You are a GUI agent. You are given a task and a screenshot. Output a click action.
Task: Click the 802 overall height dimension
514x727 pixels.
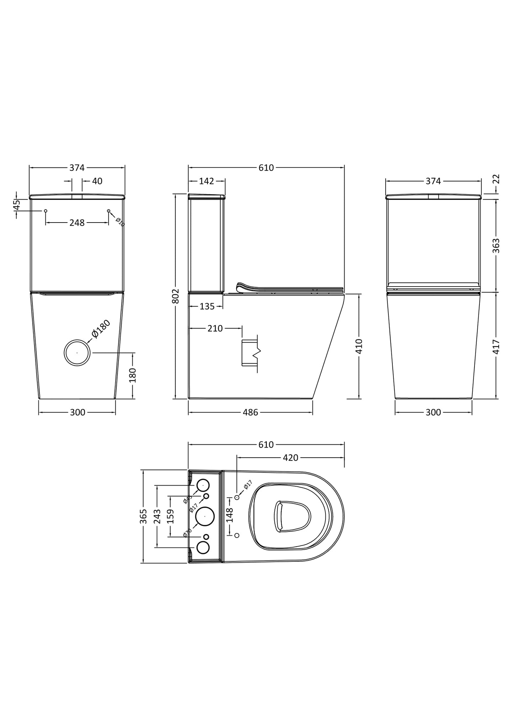176,296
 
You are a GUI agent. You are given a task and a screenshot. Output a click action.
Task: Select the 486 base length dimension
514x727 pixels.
250,412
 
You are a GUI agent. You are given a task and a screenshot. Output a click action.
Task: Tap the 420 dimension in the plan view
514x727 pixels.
290,458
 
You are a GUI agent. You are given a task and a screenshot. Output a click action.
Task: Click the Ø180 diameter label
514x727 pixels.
101,329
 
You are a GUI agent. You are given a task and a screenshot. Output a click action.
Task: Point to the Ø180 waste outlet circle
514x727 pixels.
77,353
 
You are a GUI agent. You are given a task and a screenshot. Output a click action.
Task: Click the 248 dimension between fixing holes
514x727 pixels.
77,223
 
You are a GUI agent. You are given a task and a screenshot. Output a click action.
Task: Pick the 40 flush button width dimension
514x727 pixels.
97,181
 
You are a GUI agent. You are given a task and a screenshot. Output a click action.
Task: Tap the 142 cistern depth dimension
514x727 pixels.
206,181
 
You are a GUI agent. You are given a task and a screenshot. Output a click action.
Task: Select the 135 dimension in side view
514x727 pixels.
207,306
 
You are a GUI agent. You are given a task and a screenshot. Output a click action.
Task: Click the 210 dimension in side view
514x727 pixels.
215,328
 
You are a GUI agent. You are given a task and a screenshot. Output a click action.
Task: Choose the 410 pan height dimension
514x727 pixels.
359,346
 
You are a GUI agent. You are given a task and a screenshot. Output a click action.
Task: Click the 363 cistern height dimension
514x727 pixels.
496,246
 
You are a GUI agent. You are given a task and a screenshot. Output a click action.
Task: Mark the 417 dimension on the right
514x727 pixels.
496,347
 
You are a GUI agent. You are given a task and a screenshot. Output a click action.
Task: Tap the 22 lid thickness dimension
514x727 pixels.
497,179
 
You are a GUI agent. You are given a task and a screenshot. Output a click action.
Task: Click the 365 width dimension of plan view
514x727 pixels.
143,517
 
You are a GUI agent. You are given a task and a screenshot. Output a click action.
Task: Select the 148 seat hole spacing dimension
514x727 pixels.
229,515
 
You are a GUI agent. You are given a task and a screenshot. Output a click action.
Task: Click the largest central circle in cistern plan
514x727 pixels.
205,517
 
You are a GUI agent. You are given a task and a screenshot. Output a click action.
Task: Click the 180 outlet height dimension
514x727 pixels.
132,375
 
